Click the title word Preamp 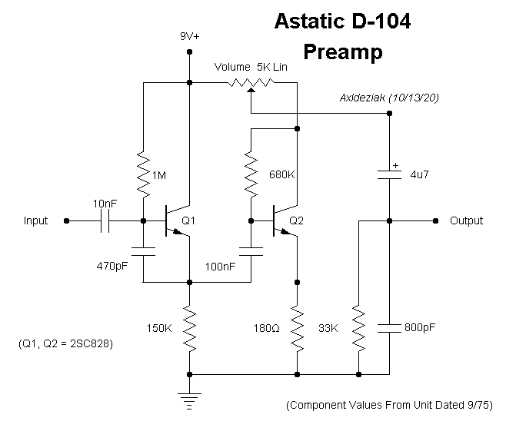(342, 53)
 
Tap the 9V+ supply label (189, 36)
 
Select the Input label (35, 220)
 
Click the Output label (466, 220)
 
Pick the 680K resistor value (282, 174)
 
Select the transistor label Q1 (189, 220)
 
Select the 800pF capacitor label (420, 327)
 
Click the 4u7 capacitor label (419, 174)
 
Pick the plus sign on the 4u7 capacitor (395, 164)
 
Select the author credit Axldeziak (363, 98)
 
